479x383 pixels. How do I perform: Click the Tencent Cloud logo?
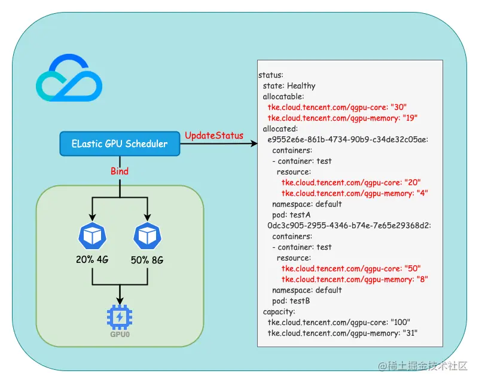(x=69, y=78)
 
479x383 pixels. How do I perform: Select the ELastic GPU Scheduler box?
(x=120, y=144)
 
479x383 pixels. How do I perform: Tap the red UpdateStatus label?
(x=214, y=136)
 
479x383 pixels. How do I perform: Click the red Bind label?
(x=120, y=171)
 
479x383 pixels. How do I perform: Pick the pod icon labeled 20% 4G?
(x=92, y=236)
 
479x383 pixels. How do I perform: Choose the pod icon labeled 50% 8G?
(x=147, y=236)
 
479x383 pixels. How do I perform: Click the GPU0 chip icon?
(x=120, y=317)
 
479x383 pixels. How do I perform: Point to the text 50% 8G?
(x=147, y=260)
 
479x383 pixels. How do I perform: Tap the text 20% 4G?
(x=92, y=259)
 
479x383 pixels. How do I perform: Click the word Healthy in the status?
(x=301, y=86)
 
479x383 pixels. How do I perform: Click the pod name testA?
(x=300, y=215)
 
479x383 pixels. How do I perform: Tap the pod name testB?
(x=300, y=301)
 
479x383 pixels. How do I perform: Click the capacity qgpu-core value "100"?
(x=401, y=322)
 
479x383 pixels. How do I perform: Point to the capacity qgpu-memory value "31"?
(x=410, y=333)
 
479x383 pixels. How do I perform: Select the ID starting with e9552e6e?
(x=347, y=139)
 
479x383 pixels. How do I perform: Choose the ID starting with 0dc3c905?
(x=349, y=225)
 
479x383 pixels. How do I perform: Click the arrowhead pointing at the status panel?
(x=254, y=143)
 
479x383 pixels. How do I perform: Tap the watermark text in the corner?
(x=423, y=366)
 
